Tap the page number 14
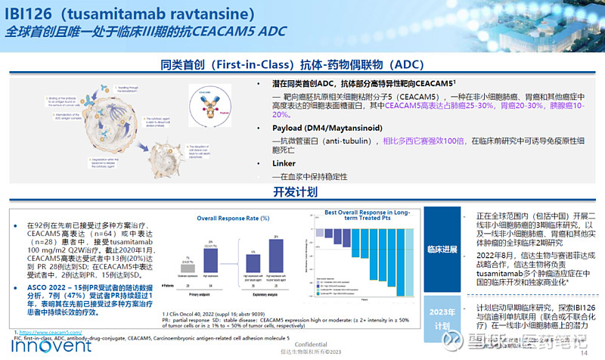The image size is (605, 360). (x=583, y=352)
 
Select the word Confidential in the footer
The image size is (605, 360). (x=302, y=343)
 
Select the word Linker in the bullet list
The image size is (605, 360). (x=284, y=163)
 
